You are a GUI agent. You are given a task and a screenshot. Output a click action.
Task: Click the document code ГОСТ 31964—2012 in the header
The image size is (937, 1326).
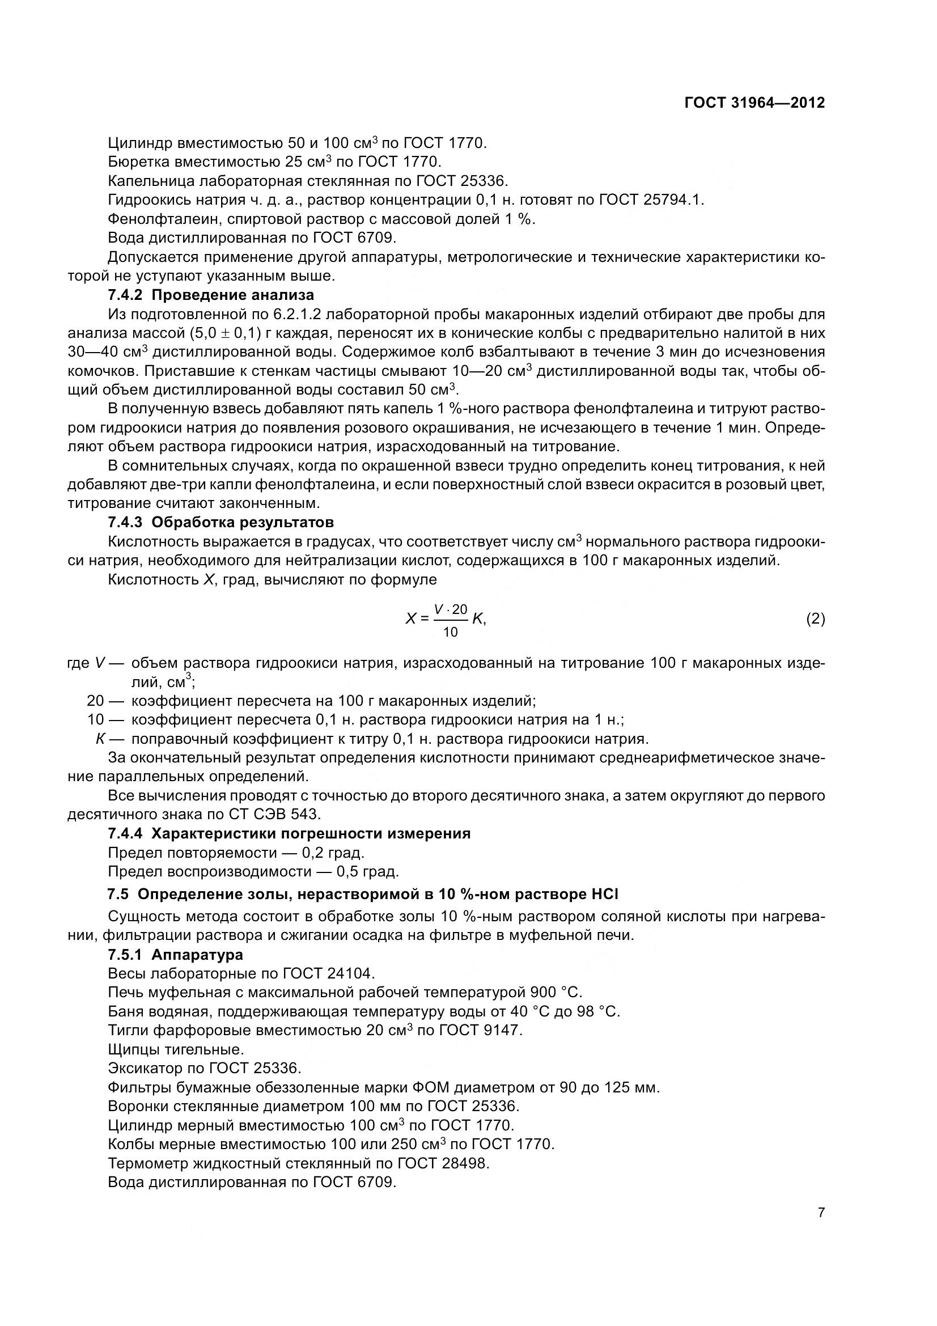(754, 103)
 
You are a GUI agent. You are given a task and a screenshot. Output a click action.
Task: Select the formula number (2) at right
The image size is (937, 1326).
(815, 619)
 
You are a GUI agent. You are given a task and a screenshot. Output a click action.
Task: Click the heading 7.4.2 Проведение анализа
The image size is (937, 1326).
(211, 295)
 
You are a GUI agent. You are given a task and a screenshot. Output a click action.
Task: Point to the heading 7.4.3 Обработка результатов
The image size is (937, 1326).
(221, 523)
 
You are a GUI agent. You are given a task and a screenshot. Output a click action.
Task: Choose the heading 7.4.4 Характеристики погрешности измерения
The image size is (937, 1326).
(289, 833)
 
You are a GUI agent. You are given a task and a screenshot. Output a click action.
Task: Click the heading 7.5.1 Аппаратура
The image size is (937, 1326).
(175, 955)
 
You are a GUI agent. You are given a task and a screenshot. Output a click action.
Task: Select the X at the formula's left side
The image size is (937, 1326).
(410, 619)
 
